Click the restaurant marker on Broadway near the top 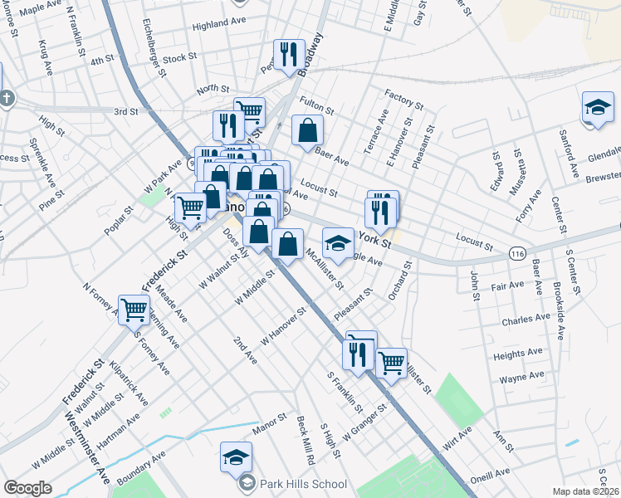point(287,55)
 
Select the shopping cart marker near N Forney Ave point(133,310)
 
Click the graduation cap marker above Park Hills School point(236,456)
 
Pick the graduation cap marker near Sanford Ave point(597,108)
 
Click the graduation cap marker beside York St point(337,243)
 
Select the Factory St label point(404,99)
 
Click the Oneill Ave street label point(491,473)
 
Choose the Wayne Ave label point(521,378)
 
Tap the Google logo point(28,487)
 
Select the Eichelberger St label point(155,46)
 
